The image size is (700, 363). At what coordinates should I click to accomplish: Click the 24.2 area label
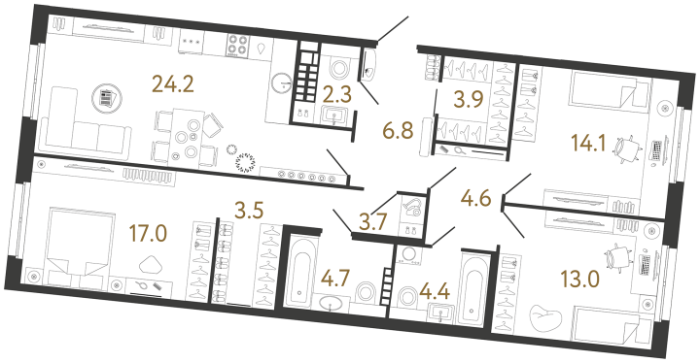pos(173,83)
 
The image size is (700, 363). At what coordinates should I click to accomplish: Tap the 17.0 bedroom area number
pos(148,234)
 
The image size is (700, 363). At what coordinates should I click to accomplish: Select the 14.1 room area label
pos(588,144)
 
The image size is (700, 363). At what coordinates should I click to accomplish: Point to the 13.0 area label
pos(580,280)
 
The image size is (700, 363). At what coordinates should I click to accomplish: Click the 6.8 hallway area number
pos(398,132)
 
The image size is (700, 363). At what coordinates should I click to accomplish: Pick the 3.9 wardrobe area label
pos(469,100)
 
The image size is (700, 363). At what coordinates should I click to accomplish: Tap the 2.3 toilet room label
pos(337,95)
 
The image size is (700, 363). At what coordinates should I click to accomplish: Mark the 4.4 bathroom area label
pos(434,292)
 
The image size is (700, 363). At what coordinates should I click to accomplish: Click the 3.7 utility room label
pos(372,221)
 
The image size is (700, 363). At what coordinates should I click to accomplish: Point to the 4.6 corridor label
pos(476,199)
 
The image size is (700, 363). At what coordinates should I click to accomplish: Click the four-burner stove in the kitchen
pos(237,45)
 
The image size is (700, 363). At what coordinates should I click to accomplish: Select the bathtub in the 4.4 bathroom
pos(473,288)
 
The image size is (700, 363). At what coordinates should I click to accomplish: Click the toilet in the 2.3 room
pos(340,66)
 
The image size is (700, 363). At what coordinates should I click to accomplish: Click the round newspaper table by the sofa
pos(107,99)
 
